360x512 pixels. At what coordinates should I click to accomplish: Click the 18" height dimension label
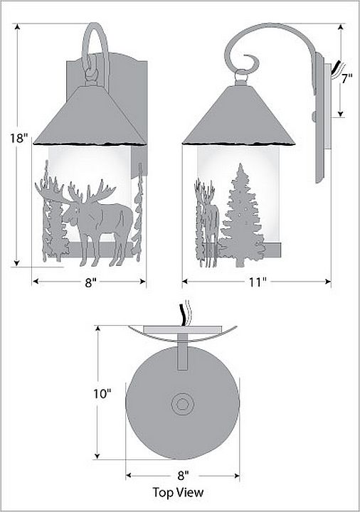pos(17,138)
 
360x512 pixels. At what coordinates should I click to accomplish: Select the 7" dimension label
pos(346,79)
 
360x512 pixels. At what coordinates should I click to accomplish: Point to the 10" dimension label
pos(102,394)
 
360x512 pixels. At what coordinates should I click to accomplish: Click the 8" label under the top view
pos(184,476)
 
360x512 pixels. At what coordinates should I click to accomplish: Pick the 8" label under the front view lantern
pos(90,282)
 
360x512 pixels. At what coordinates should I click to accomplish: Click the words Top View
pos(178,492)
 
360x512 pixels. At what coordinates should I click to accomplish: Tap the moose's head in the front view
pos(73,213)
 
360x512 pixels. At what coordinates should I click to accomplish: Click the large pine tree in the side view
pos(241,215)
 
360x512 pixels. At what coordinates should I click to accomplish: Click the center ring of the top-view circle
pos(183,404)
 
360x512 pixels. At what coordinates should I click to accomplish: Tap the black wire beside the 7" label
pos(335,67)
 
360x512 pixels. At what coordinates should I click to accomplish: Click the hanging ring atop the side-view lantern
pos(241,76)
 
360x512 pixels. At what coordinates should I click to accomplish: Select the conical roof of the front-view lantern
pos(90,116)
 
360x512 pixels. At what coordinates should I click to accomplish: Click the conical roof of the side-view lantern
pos(239,116)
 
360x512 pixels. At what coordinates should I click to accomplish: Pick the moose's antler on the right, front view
pos(98,192)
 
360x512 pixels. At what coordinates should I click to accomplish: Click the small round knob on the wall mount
pos(314,116)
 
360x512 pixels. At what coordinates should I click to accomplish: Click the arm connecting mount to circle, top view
pos(183,352)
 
